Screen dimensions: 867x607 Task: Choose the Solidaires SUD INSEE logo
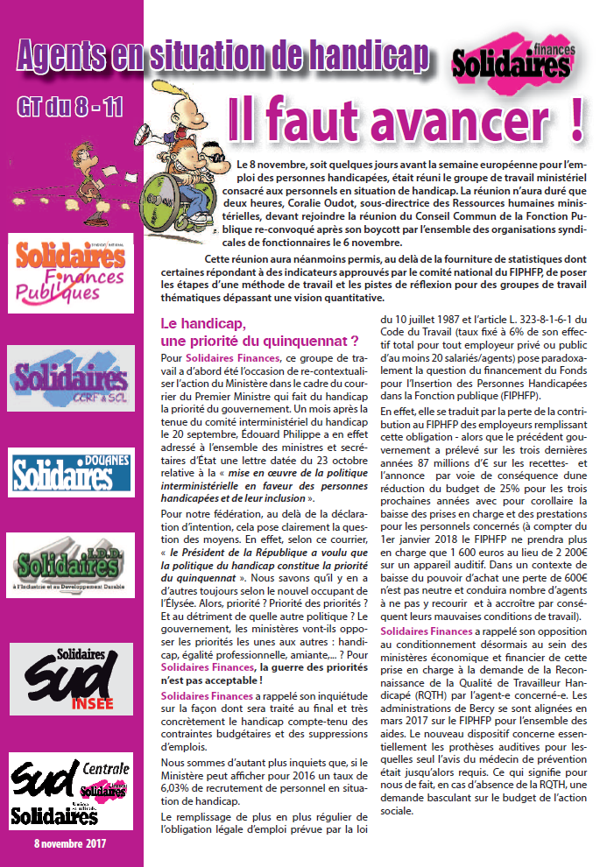point(71,677)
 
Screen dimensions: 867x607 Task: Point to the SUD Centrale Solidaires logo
point(71,791)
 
